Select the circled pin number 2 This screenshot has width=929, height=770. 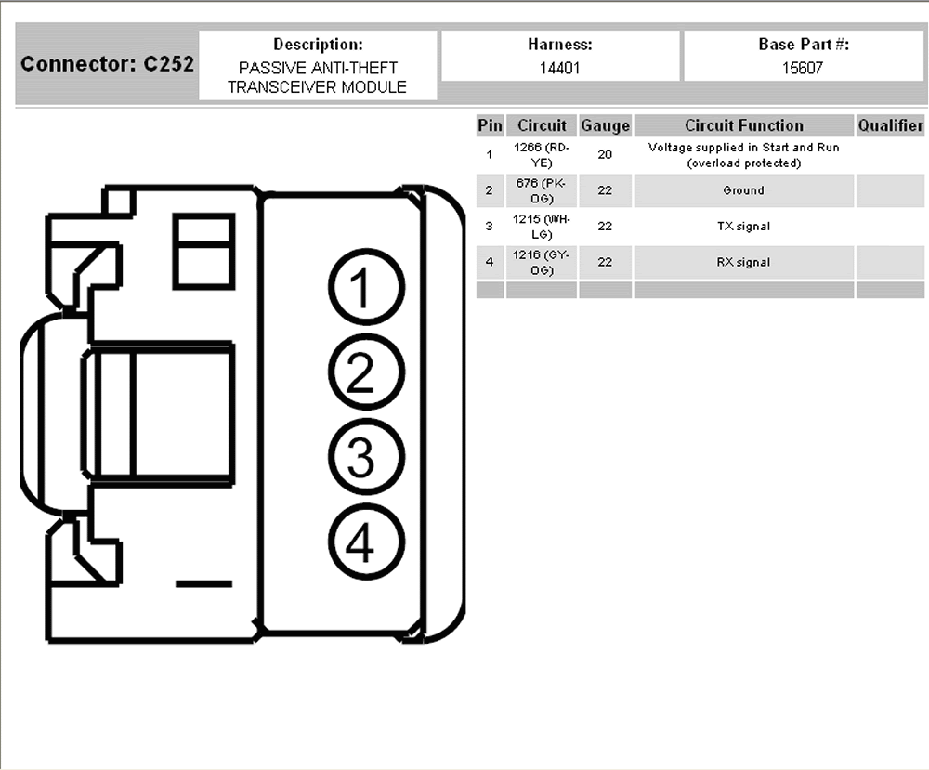365,375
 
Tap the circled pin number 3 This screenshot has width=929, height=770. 365,458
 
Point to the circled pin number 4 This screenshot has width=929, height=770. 365,542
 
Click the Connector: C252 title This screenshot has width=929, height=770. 107,65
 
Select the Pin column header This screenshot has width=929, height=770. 490,125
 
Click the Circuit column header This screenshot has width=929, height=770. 542,125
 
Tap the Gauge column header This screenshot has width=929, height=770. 605,125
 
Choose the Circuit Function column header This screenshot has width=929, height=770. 743,125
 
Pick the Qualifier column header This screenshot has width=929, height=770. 890,125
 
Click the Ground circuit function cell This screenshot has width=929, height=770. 743,190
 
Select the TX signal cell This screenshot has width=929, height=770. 743,226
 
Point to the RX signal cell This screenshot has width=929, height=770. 743,263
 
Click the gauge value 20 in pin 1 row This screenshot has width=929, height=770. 605,155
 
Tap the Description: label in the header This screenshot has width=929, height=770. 318,45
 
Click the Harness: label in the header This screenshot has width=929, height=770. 559,45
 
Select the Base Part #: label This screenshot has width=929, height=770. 804,45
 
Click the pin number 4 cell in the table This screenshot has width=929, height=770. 490,263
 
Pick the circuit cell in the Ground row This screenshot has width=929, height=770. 542,190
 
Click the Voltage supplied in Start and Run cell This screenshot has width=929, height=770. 743,155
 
